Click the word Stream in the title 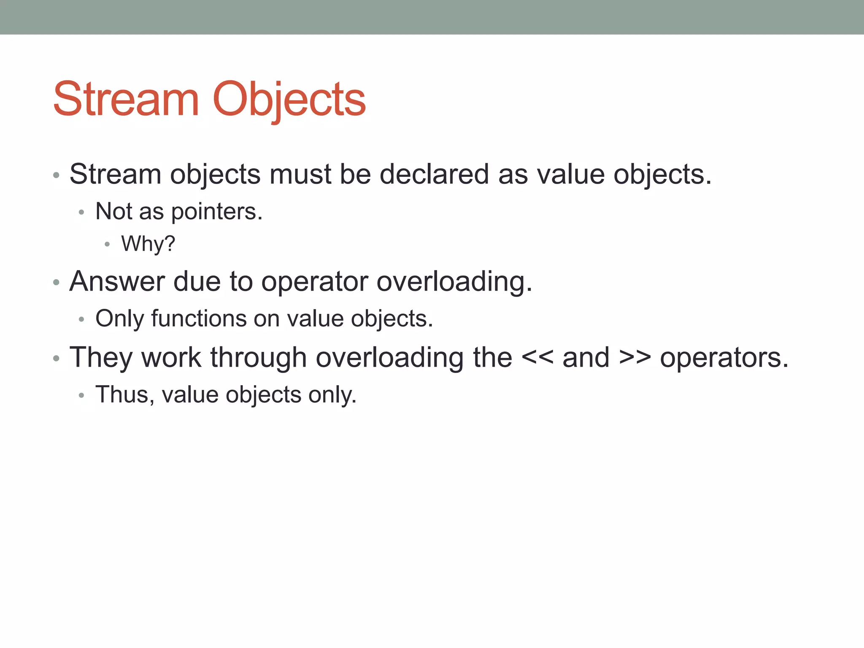point(126,100)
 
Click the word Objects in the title point(289,100)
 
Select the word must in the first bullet point(300,174)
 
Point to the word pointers point(216,212)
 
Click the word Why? point(148,244)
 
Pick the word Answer point(117,281)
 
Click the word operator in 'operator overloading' point(314,282)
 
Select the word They point(101,358)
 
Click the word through point(258,358)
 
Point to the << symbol point(537,358)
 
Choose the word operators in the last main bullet point(724,358)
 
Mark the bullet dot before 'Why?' point(107,244)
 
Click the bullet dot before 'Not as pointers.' point(81,212)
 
